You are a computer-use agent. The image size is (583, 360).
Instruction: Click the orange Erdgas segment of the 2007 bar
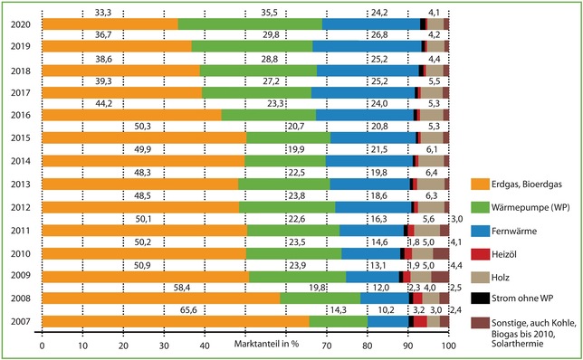(175, 321)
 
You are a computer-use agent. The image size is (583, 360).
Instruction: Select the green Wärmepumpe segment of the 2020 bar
(250, 24)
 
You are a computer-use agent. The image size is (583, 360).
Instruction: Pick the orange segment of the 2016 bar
(131, 115)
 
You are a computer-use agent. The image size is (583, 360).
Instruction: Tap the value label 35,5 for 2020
(263, 13)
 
